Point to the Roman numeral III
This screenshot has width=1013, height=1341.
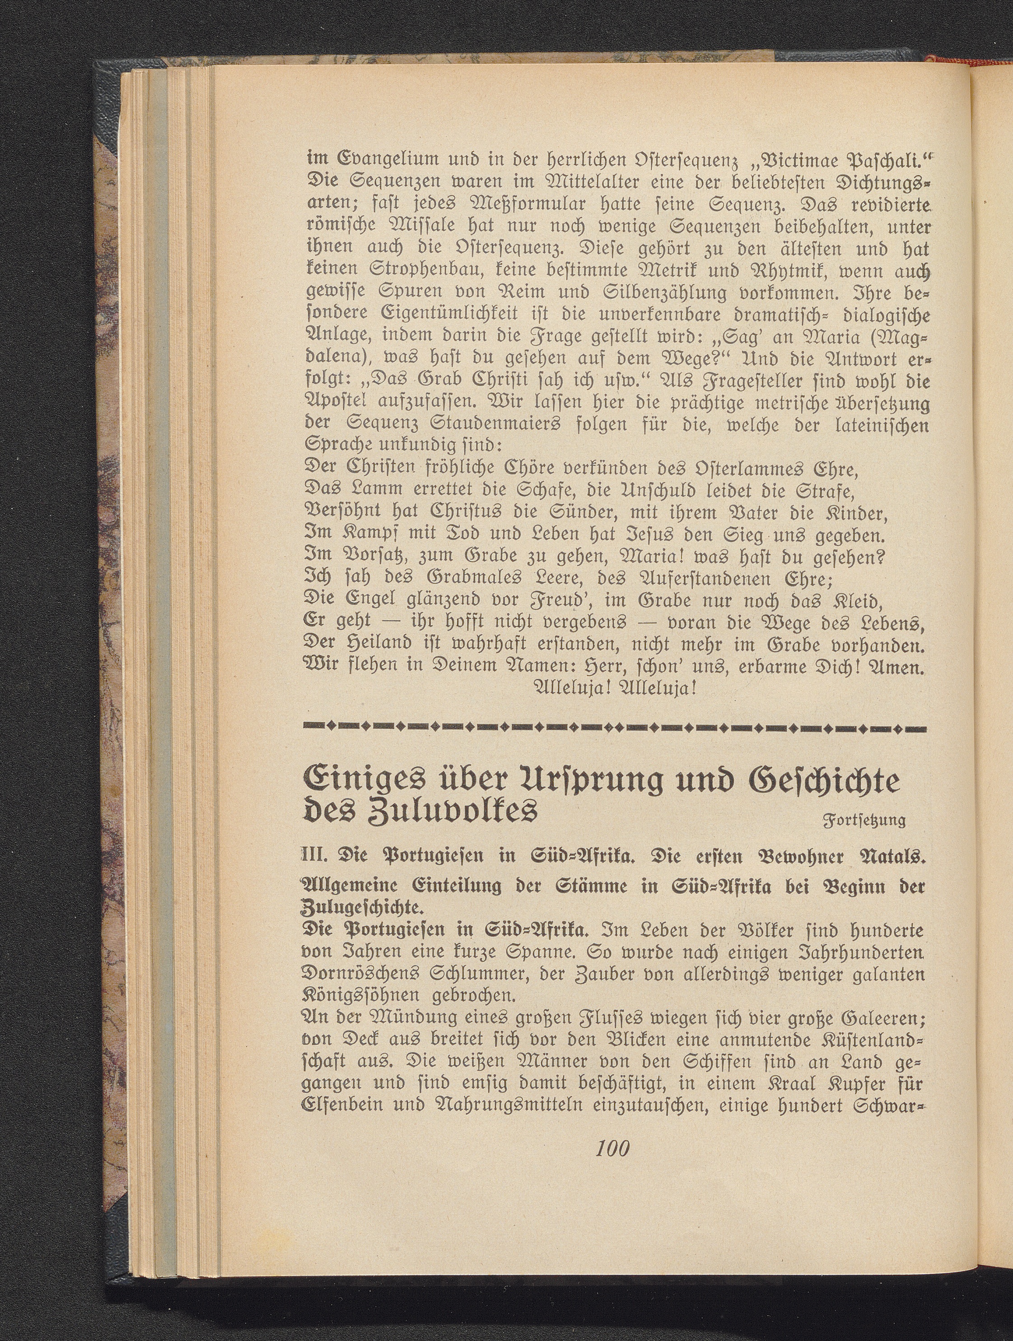(x=313, y=856)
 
